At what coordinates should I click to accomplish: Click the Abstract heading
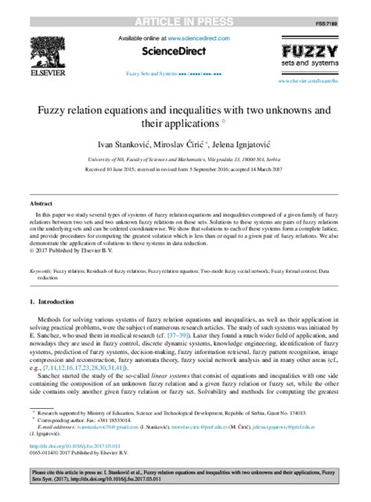41,202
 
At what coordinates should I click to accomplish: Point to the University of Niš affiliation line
185,157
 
